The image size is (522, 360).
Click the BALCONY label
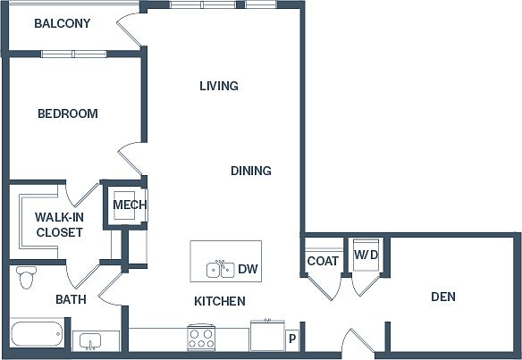point(63,23)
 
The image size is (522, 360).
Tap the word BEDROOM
point(68,113)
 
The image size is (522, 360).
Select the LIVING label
point(219,86)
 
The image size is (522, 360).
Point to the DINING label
point(251,171)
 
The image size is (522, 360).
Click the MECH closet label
point(130,205)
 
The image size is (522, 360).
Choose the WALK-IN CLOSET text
point(59,224)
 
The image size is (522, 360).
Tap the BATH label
point(71,299)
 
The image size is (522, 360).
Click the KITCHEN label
point(220,301)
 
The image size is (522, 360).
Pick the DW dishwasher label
point(248,269)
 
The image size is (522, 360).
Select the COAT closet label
point(323,261)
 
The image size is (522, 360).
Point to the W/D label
point(366,255)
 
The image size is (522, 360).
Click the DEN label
point(443,297)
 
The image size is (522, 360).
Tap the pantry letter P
point(292,339)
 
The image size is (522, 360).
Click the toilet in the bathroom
point(26,277)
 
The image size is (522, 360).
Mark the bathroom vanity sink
point(90,340)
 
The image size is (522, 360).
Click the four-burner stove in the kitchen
point(201,338)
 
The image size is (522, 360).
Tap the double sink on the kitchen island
point(221,269)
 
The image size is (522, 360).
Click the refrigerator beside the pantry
point(267,335)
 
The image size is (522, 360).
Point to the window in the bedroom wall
point(73,54)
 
